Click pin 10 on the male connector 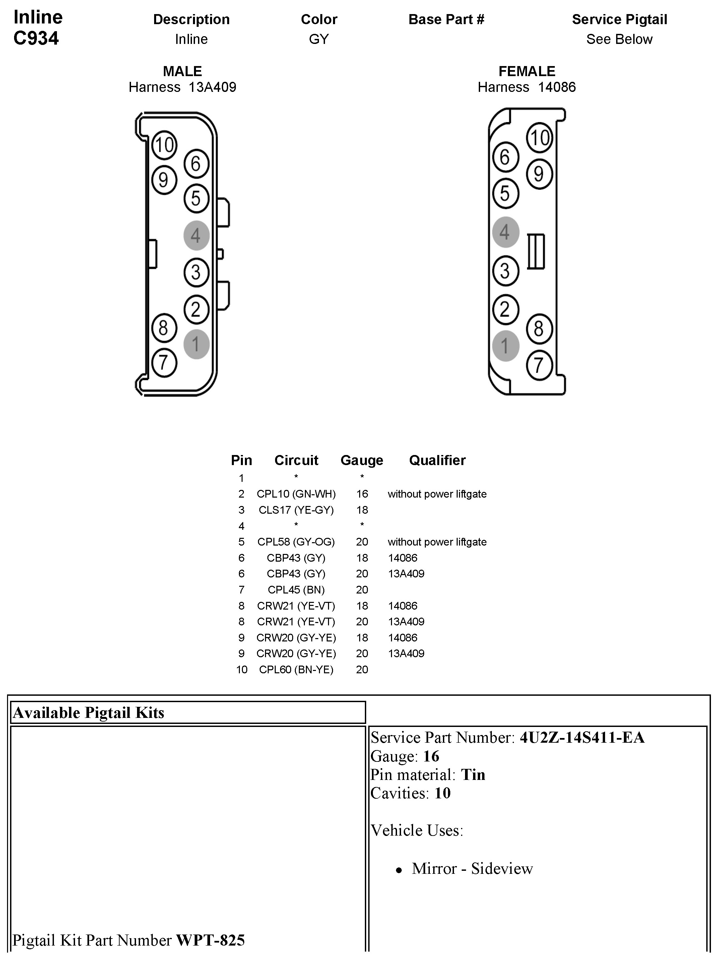click(x=164, y=145)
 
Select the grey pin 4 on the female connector click(x=505, y=232)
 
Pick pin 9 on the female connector click(x=539, y=174)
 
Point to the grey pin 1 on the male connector click(x=196, y=344)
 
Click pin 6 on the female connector click(x=505, y=157)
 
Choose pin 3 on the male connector click(x=196, y=273)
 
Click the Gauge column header click(x=362, y=460)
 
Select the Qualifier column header click(x=437, y=460)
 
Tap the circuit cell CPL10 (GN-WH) click(x=296, y=494)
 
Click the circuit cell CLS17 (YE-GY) click(x=296, y=510)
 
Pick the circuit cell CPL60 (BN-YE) click(x=296, y=670)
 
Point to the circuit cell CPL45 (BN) click(x=296, y=590)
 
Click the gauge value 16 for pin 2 click(x=362, y=494)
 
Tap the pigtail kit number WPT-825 click(x=210, y=940)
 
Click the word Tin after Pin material click(x=473, y=775)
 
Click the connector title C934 click(x=36, y=38)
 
